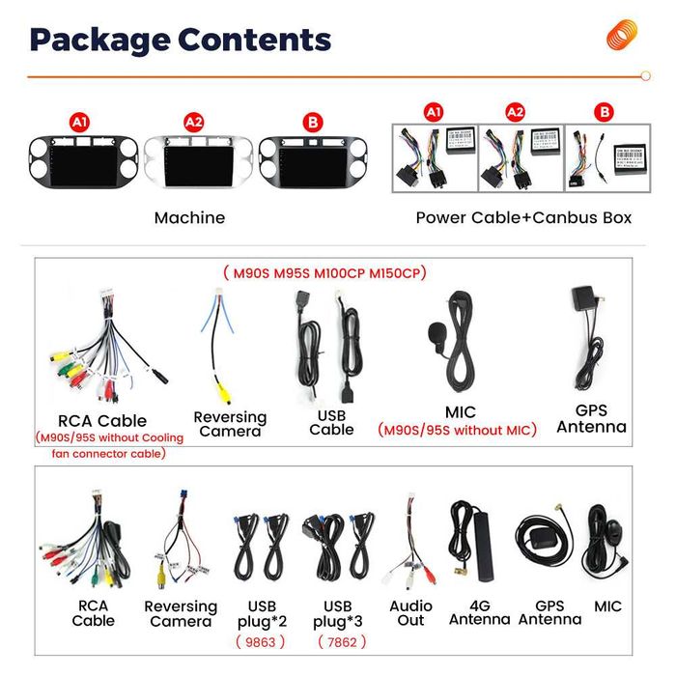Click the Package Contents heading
click(x=181, y=41)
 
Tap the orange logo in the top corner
click(x=623, y=36)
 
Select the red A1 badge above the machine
click(x=79, y=123)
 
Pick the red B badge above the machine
click(x=311, y=123)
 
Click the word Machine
click(x=189, y=217)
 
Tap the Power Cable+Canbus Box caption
click(x=523, y=217)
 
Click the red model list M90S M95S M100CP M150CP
click(x=324, y=272)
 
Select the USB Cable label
click(x=331, y=422)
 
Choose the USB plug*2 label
click(x=262, y=613)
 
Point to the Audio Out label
click(x=410, y=613)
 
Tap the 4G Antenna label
click(x=479, y=613)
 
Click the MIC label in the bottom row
click(x=608, y=606)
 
